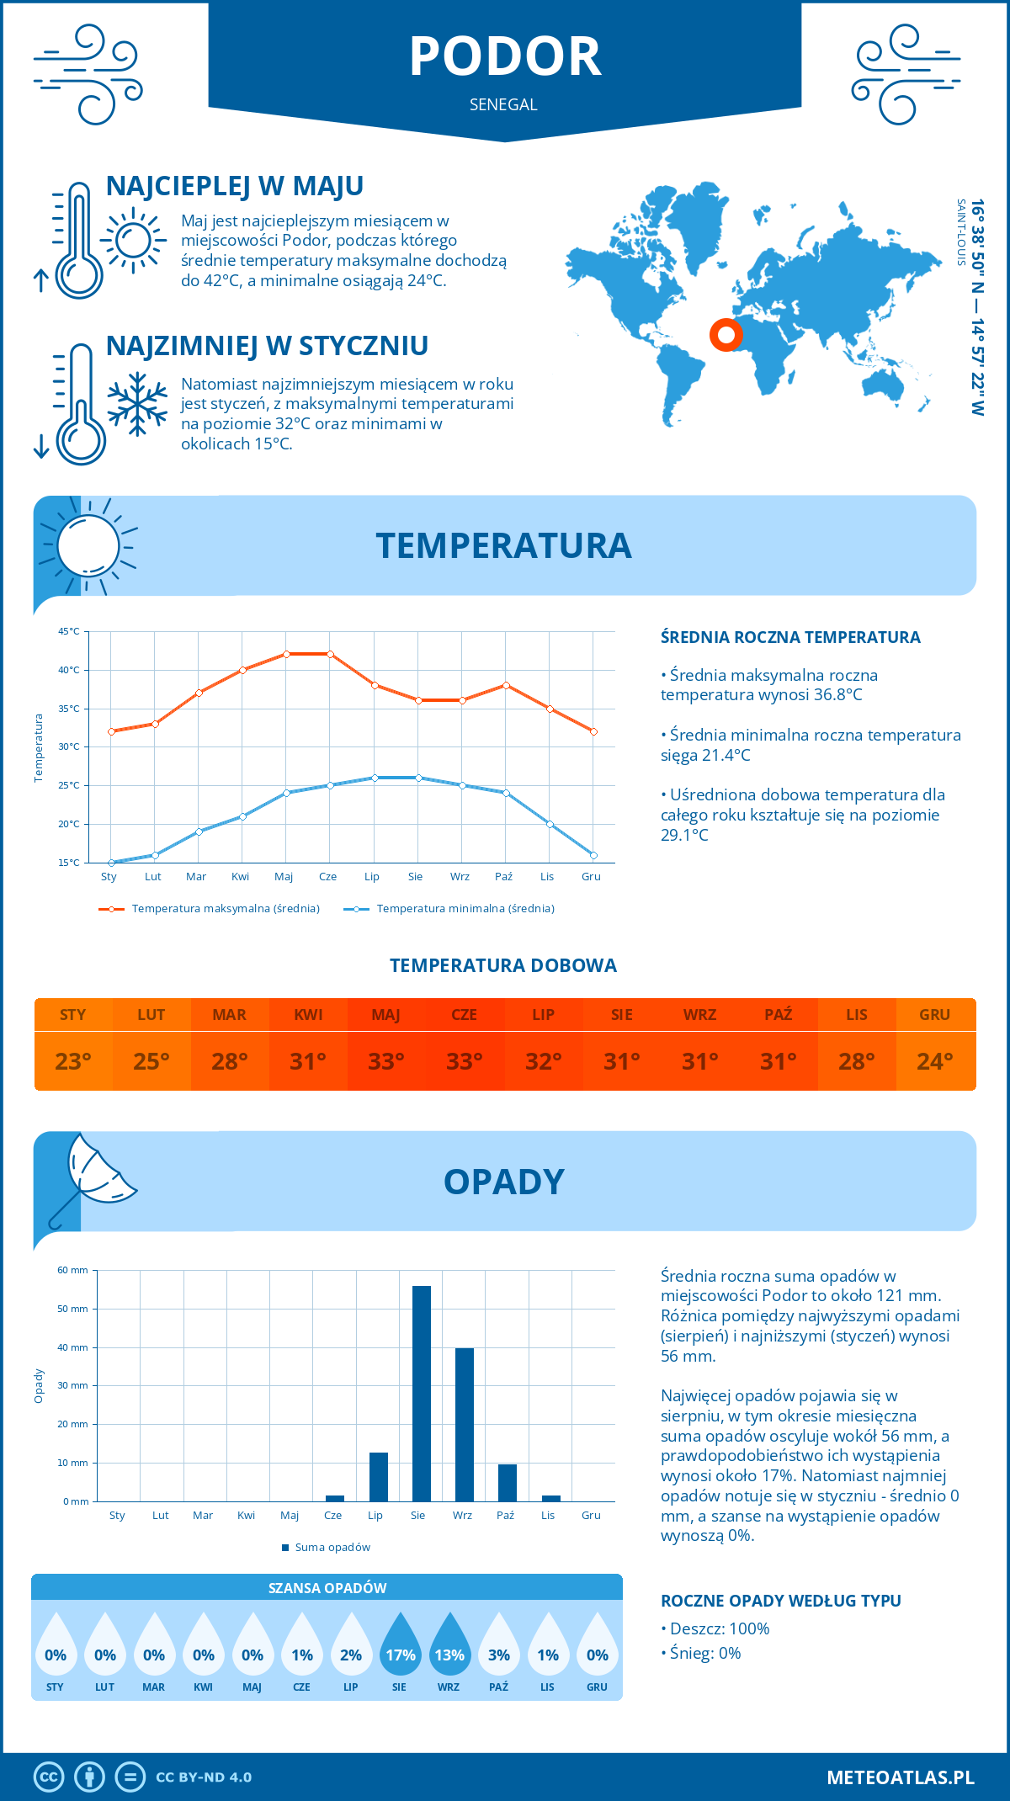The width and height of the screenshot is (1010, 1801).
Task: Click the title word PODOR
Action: tap(505, 57)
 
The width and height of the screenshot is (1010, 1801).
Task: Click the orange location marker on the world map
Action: tap(726, 334)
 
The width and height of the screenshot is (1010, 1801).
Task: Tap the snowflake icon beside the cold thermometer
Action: tap(137, 404)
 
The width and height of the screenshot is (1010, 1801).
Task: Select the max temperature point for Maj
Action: tap(286, 654)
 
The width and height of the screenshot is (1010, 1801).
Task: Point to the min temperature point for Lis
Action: tap(550, 824)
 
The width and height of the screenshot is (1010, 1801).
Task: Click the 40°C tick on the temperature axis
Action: tap(69, 670)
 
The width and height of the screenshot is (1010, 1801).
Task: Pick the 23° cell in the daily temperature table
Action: tap(73, 1061)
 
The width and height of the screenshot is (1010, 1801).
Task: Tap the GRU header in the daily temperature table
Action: tap(934, 1015)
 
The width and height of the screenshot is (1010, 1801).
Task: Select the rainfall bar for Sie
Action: tap(422, 1394)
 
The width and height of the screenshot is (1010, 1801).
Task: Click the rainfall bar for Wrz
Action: tap(465, 1425)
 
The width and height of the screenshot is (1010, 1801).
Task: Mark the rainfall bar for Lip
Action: tap(379, 1477)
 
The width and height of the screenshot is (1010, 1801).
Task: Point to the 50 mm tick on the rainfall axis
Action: tap(73, 1309)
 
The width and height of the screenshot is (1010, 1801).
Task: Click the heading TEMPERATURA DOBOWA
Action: tap(503, 966)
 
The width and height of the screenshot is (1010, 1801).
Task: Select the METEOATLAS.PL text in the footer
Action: tap(900, 1777)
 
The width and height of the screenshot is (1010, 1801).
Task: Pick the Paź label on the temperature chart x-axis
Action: tap(503, 877)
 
